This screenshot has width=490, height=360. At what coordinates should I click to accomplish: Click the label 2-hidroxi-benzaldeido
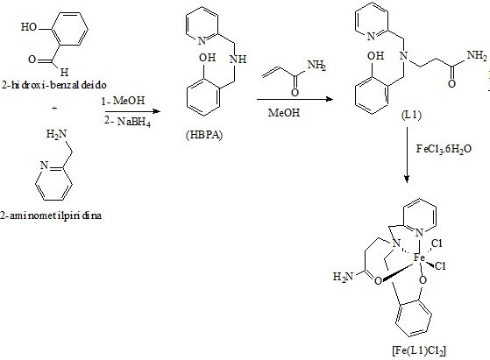53,85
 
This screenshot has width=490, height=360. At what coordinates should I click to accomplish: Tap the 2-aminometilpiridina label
51,215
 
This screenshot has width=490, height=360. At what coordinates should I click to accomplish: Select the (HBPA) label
204,135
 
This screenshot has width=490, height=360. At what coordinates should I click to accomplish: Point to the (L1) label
411,116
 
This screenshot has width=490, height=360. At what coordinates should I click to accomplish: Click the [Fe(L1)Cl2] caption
419,350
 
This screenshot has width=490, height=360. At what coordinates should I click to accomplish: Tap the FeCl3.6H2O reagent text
444,149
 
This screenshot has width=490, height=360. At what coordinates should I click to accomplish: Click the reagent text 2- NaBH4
127,122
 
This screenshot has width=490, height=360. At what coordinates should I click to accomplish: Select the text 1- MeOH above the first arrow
123,101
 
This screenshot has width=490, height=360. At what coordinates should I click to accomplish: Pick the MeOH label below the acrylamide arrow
284,112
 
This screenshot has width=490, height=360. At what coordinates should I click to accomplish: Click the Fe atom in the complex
419,258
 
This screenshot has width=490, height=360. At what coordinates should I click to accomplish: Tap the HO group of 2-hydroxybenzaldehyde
29,27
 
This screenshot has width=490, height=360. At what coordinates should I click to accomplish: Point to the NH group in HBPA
238,59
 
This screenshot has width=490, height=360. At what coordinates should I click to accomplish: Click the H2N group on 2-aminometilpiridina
57,134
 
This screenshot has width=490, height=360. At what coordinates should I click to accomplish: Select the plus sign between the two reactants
54,109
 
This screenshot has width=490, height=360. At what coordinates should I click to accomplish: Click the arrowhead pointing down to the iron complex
407,180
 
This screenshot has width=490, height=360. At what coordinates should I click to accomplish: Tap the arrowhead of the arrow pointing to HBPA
156,111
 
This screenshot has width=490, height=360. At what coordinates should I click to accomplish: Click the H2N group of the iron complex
343,277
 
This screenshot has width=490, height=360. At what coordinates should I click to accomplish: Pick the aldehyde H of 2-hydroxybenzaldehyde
64,73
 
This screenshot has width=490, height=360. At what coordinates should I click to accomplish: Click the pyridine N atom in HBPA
202,40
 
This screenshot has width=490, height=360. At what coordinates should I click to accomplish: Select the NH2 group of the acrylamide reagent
316,66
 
